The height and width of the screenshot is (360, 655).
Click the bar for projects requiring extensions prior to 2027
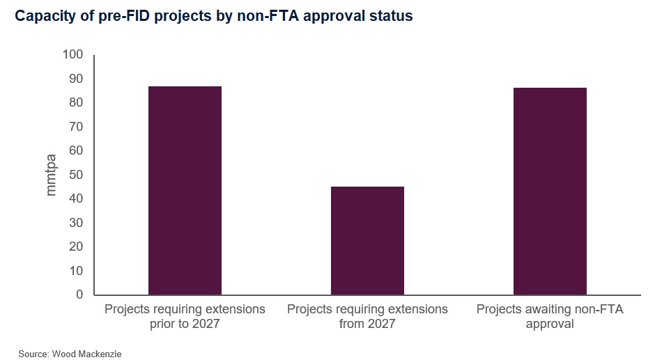pos(185,190)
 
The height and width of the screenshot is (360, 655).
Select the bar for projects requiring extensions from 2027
pos(367,240)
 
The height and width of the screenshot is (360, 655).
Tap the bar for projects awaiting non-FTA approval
pos(550,191)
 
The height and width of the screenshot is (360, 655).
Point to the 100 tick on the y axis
pos(72,54)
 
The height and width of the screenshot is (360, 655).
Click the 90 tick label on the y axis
pos(75,79)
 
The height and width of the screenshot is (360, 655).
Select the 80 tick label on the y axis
pos(75,102)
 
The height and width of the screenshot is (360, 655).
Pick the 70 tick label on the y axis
pos(75,127)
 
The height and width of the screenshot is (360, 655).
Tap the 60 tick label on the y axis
pos(75,150)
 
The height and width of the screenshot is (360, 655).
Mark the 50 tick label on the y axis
pos(75,175)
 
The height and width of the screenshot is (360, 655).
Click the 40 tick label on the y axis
pos(75,198)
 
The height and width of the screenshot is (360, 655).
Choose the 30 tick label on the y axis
pos(75,223)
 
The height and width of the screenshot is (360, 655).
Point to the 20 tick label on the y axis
pos(75,246)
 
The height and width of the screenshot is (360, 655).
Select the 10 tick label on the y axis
pos(75,271)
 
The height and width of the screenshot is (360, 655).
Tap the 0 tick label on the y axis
pos(79,295)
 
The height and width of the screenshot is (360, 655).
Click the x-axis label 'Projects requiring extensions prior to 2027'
pos(185,316)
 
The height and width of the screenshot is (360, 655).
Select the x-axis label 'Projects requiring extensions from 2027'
pos(367,316)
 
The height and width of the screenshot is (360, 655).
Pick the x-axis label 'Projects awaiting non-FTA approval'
pos(550,316)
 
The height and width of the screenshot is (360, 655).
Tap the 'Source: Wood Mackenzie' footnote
pos(70,354)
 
